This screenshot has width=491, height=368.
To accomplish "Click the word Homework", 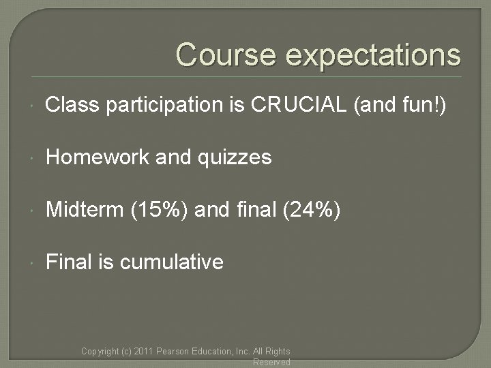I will click(x=95, y=157).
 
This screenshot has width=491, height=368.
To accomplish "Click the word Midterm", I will click(x=83, y=209).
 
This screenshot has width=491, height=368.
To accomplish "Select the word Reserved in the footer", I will click(x=271, y=363).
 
